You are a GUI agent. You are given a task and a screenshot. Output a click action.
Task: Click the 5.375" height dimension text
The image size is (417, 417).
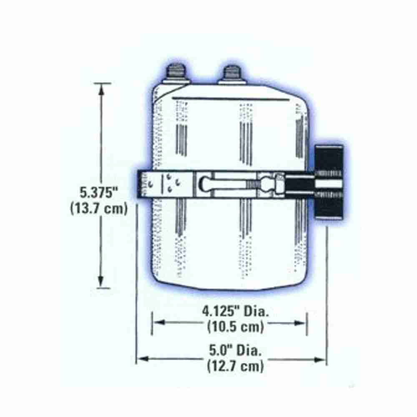coord(98,192)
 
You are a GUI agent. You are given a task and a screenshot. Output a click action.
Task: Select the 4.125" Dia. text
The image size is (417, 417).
coord(236,311)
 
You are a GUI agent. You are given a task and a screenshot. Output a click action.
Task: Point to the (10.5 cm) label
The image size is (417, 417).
coord(236,326)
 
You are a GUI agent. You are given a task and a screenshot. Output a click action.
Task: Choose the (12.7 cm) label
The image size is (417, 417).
coord(236,366)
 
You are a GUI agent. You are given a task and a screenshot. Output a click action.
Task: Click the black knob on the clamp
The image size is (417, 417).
coord(329,183)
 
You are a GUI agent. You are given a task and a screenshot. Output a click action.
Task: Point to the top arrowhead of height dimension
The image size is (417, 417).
coord(101,90)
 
